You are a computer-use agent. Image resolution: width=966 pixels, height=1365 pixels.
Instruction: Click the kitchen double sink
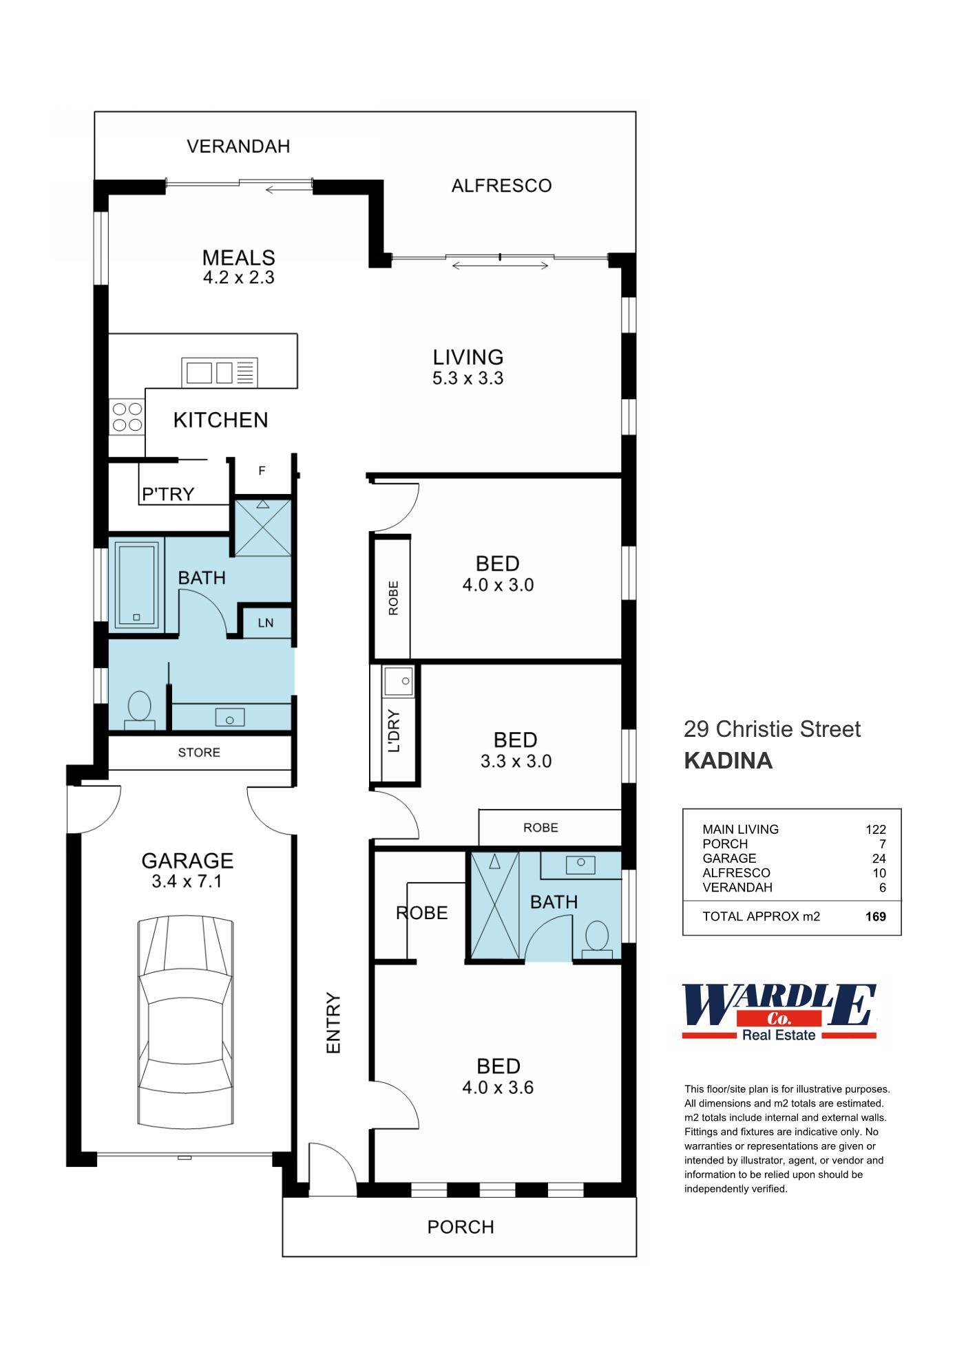tap(220, 372)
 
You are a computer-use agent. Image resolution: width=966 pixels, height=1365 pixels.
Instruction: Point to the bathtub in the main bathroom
tap(136, 585)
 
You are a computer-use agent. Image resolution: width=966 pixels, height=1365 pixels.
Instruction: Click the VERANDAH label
tap(238, 147)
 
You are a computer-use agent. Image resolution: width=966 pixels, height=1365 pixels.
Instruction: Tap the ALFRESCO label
tap(501, 186)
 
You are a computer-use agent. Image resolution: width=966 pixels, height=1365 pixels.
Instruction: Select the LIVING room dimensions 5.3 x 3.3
tap(468, 378)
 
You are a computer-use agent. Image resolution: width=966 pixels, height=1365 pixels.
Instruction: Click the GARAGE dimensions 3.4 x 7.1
tap(187, 881)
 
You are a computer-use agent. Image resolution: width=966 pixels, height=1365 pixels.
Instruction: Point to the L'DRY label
tap(394, 731)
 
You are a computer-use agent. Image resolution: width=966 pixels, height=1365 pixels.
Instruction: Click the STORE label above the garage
tap(199, 752)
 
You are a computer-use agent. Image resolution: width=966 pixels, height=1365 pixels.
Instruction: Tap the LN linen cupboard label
tap(266, 623)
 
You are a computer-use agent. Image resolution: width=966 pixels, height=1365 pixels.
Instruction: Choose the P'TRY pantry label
tap(168, 494)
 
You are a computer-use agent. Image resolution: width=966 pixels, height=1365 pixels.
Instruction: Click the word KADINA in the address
tap(728, 760)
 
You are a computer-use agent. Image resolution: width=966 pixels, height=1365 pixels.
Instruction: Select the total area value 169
tap(876, 916)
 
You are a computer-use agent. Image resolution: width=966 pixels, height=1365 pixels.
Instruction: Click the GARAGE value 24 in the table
tap(879, 858)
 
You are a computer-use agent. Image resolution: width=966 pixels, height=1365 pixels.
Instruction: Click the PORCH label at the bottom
tap(461, 1227)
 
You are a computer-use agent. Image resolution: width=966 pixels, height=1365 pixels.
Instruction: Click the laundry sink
tap(399, 681)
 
